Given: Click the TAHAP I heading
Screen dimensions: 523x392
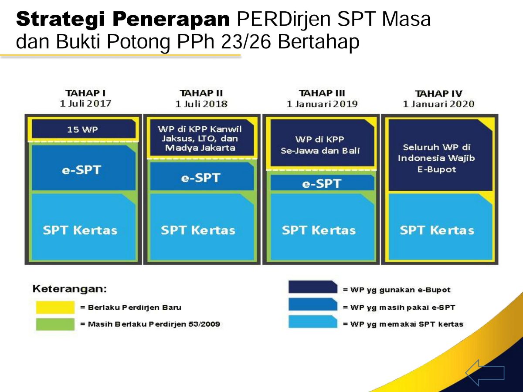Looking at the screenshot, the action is point(85,93).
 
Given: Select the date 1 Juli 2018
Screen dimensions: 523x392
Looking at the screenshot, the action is point(201,104).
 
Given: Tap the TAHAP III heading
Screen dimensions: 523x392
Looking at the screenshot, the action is point(322,93).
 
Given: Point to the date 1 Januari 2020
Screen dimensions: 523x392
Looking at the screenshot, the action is point(438,104).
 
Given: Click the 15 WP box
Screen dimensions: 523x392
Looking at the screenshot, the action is point(84,129).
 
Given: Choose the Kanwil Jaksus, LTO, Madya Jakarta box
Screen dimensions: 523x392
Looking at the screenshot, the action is point(202,138).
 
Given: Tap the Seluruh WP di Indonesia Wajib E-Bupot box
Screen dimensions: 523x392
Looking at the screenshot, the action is point(440,155).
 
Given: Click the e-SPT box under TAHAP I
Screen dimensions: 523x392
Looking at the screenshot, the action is point(84,168).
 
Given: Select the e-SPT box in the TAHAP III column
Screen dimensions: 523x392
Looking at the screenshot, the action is point(322,183).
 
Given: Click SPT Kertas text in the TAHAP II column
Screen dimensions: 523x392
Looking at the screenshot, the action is point(198,230).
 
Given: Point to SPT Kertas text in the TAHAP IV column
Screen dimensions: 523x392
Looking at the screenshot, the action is point(437,230).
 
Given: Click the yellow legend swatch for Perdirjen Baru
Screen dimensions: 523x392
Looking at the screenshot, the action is point(55,307).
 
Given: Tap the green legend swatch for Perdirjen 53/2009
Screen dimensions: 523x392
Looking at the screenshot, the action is point(55,324).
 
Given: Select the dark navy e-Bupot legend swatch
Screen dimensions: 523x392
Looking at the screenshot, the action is point(313,287).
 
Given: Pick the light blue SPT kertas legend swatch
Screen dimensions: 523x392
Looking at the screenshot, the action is point(313,322).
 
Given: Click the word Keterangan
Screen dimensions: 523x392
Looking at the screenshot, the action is point(70,289).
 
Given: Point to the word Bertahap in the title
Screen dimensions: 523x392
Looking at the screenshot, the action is point(319,42).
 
